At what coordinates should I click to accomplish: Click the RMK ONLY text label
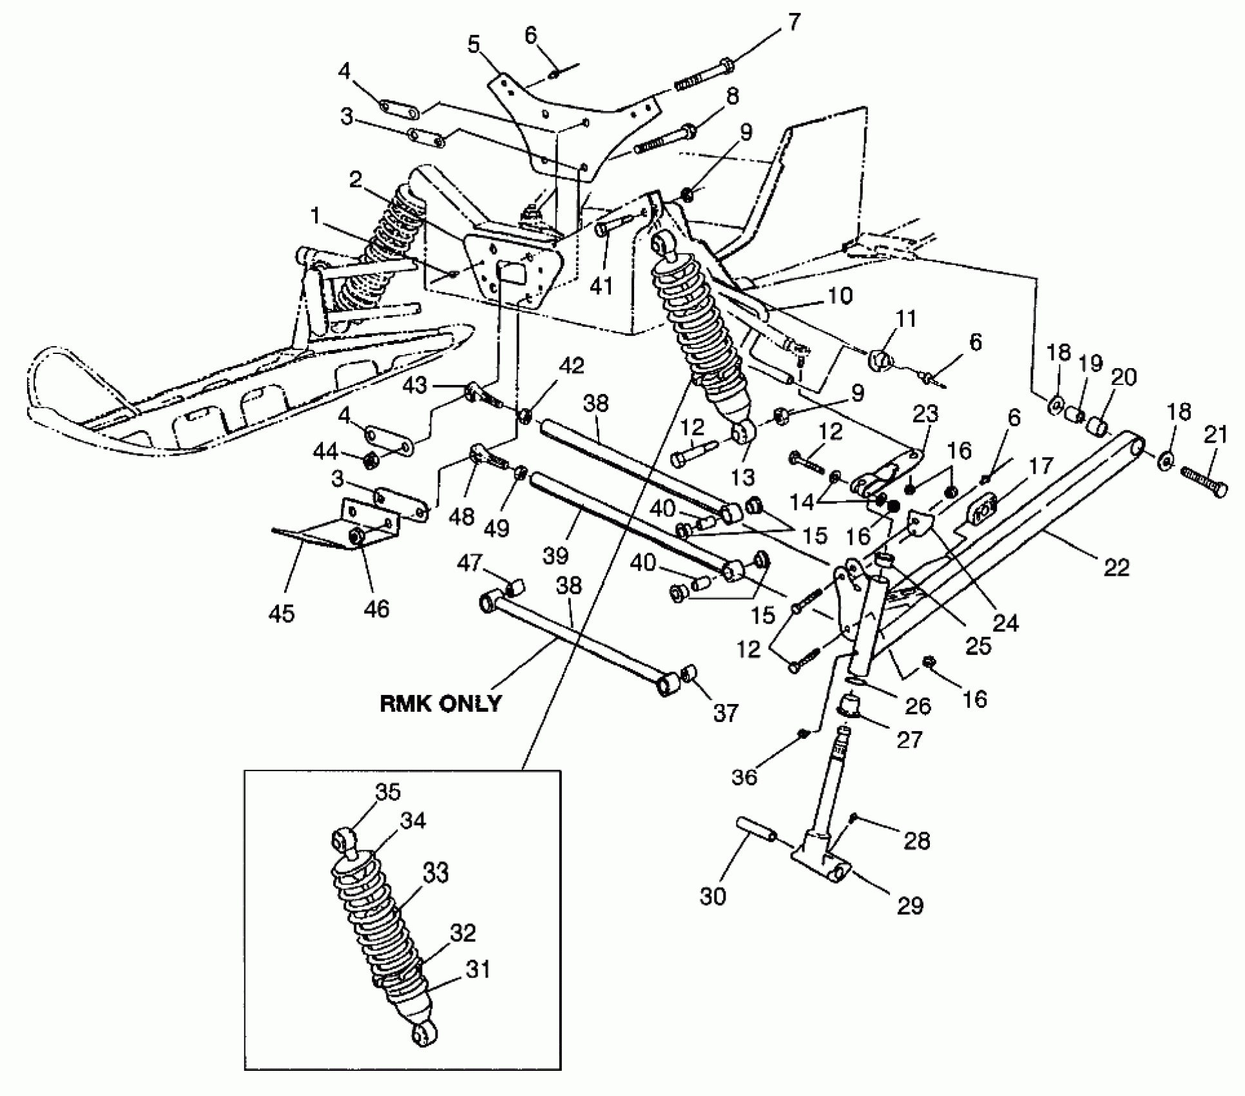pyautogui.click(x=441, y=702)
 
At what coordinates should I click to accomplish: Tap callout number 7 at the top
pyautogui.click(x=793, y=23)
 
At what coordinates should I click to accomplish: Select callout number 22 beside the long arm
pyautogui.click(x=1117, y=567)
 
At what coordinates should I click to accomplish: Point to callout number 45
pyautogui.click(x=281, y=612)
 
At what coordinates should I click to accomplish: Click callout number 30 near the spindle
pyautogui.click(x=713, y=896)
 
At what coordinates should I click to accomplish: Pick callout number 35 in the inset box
pyautogui.click(x=388, y=792)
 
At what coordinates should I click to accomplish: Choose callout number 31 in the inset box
pyautogui.click(x=478, y=968)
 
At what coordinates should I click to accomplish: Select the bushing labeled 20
pyautogui.click(x=1098, y=426)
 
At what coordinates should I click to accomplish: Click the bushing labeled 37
pyautogui.click(x=690, y=675)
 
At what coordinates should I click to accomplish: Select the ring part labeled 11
pyautogui.click(x=881, y=360)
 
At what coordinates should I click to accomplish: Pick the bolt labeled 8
pyautogui.click(x=664, y=140)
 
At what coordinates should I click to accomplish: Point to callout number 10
pyautogui.click(x=840, y=296)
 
